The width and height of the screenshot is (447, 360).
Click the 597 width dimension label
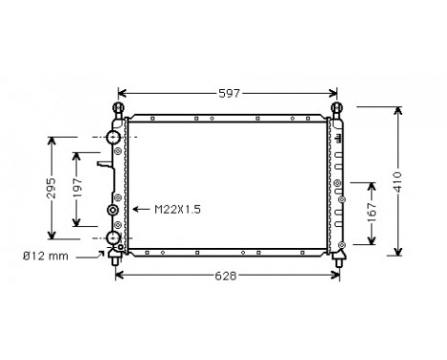click(227, 93)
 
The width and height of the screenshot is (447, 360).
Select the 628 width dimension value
click(225, 276)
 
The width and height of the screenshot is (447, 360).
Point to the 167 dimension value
click(372, 213)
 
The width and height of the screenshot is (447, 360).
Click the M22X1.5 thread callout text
click(173, 209)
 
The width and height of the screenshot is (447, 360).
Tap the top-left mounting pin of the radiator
click(119, 108)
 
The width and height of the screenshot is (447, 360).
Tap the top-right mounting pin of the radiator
click(336, 108)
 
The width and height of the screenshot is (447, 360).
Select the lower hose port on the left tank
click(112, 236)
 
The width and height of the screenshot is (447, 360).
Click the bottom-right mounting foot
click(336, 256)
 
